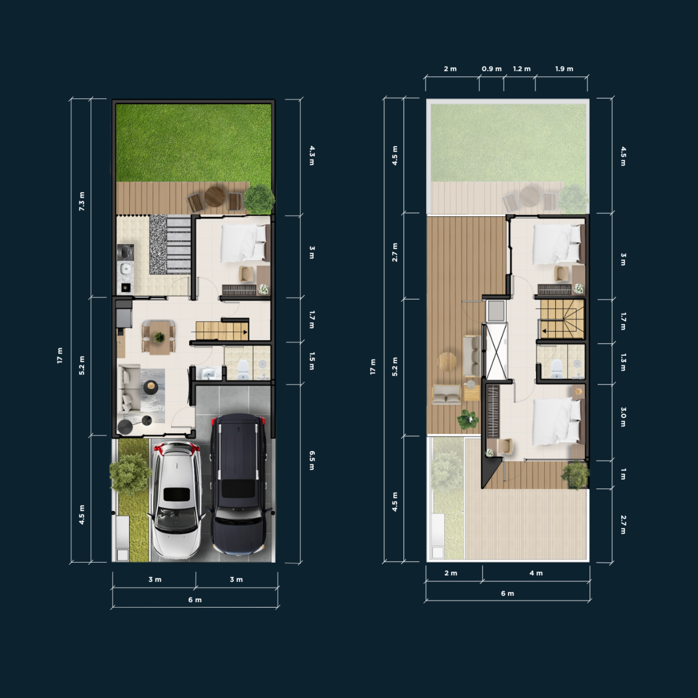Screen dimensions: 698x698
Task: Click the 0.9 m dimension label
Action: pyautogui.click(x=492, y=69)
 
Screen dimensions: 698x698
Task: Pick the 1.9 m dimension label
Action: pyautogui.click(x=564, y=69)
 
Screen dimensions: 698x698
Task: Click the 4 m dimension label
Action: pyautogui.click(x=536, y=573)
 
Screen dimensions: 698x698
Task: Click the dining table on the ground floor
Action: pyautogui.click(x=159, y=338)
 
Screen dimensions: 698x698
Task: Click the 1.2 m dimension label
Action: pyautogui.click(x=522, y=69)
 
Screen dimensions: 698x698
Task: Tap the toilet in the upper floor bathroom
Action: pyautogui.click(x=557, y=369)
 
